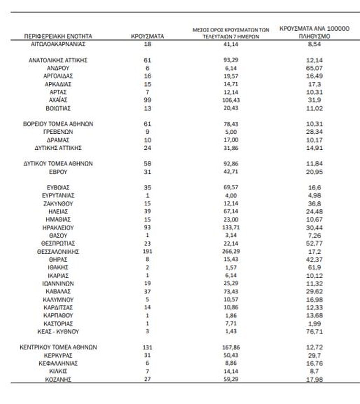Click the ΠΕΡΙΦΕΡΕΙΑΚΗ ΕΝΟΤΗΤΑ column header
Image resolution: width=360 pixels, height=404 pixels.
click(58, 36)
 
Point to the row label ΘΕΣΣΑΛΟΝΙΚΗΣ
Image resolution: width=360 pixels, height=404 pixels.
click(58, 252)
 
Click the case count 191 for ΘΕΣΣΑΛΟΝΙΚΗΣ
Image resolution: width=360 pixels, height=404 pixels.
click(147, 252)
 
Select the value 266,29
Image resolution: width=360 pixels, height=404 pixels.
click(231, 252)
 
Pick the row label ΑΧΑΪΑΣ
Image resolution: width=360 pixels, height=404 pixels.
click(58, 100)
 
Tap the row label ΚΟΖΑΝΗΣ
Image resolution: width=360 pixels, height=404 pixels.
click(58, 379)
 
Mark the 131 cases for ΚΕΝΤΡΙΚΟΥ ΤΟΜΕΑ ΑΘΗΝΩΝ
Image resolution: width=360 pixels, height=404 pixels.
click(147, 347)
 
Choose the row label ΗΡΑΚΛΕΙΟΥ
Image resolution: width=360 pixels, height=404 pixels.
click(58, 228)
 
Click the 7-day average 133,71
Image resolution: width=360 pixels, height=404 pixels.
click(231, 228)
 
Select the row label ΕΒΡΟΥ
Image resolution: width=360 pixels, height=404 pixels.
click(58, 171)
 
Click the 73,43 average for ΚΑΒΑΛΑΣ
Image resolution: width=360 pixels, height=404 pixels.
click(231, 291)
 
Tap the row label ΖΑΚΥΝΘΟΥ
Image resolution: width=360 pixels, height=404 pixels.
click(58, 203)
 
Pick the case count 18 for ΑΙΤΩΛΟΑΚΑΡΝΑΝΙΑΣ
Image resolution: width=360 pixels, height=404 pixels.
click(147, 44)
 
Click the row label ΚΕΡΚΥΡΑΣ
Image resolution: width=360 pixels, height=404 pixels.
click(58, 355)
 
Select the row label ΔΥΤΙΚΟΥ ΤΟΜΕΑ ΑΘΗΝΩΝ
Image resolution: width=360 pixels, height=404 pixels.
click(58, 164)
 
